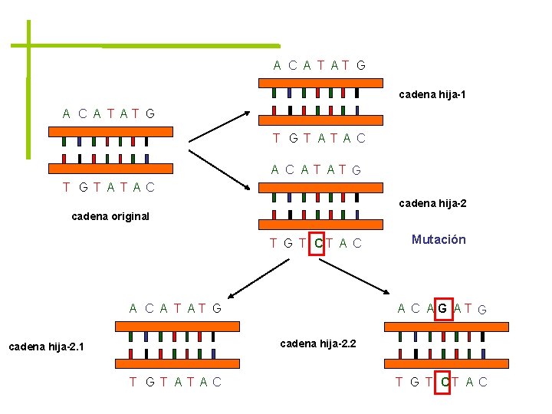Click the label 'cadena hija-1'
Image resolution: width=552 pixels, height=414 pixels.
click(432, 95)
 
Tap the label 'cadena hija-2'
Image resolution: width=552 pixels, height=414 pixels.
click(432, 204)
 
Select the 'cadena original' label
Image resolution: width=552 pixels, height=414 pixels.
click(110, 216)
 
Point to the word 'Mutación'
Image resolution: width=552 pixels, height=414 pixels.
click(439, 239)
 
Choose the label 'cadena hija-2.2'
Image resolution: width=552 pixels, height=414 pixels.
click(318, 343)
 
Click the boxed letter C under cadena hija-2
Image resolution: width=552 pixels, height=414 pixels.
click(317, 244)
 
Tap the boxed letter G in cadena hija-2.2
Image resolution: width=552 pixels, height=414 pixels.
click(442, 309)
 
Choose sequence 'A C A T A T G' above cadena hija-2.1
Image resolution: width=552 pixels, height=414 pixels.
click(176, 309)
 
